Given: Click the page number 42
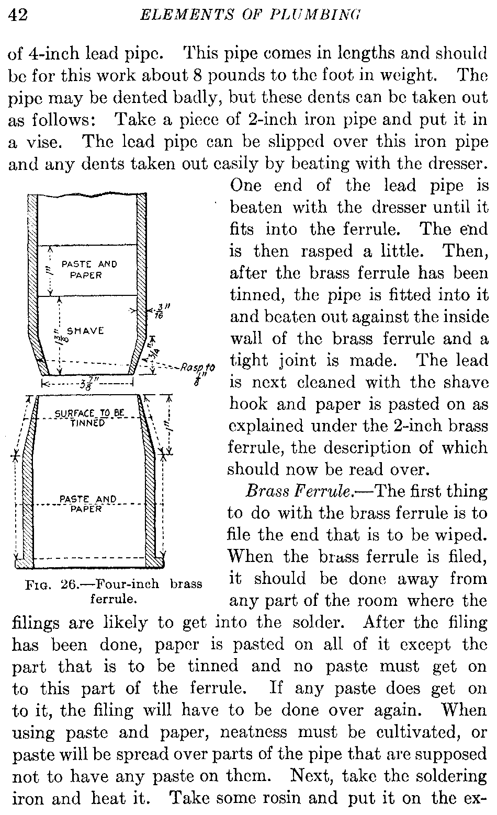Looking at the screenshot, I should [19, 16].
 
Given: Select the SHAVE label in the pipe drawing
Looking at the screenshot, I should [86, 331].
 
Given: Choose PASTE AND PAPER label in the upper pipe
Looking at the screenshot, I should [88, 269].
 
